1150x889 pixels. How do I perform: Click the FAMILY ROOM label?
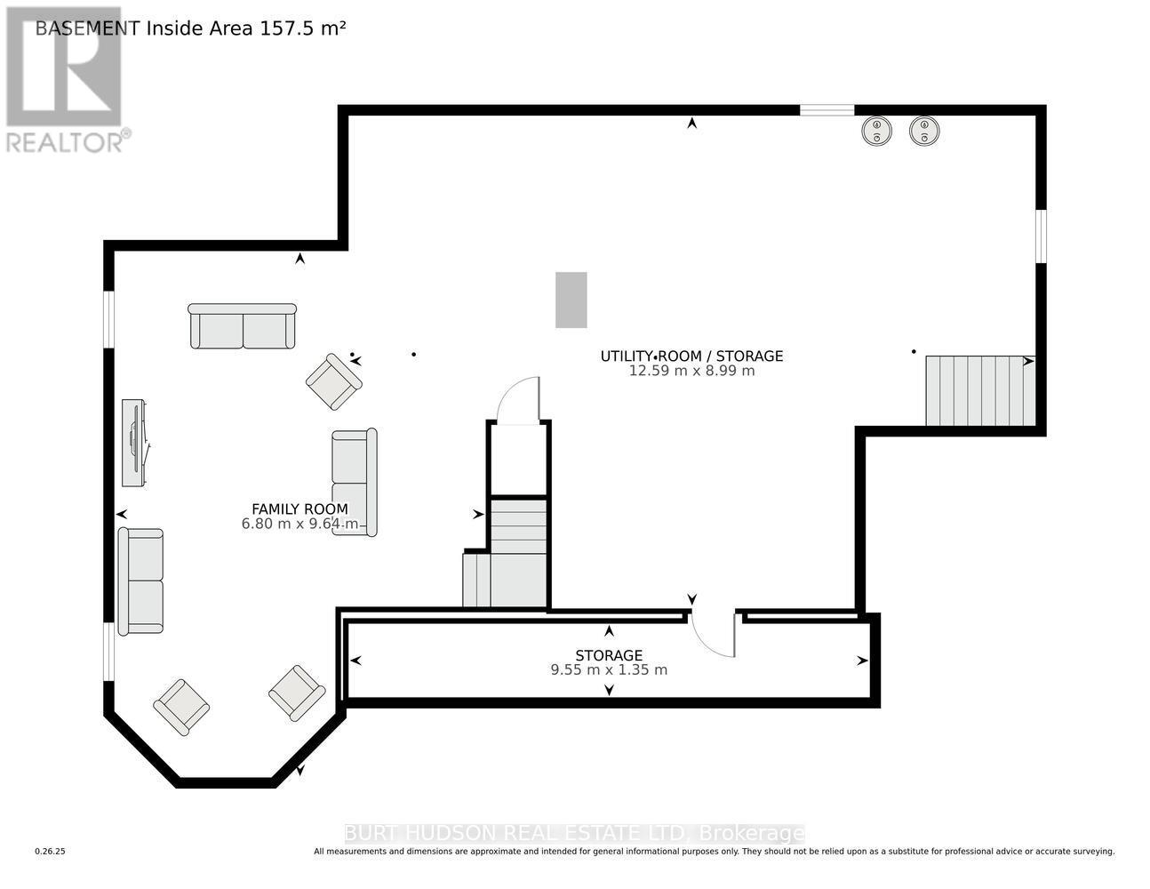[x=299, y=509]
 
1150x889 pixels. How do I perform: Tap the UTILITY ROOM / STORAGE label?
[x=691, y=356]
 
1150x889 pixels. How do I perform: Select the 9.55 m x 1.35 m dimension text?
[x=609, y=670]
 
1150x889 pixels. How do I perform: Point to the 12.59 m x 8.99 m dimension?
[x=691, y=371]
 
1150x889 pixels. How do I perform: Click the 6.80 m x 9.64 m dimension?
[x=300, y=524]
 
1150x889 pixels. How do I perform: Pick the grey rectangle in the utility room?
[x=571, y=300]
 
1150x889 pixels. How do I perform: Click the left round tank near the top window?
[x=877, y=131]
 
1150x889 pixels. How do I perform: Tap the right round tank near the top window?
[x=924, y=131]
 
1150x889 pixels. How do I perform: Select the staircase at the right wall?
[x=980, y=390]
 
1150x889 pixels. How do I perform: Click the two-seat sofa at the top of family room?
[x=243, y=326]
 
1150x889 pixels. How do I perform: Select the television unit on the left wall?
[x=134, y=443]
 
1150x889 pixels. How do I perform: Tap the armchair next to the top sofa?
[x=334, y=381]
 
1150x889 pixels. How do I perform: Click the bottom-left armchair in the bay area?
[x=181, y=708]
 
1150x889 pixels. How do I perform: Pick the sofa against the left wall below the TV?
[x=140, y=581]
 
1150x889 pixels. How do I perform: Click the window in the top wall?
[x=827, y=110]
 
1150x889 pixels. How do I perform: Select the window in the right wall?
[x=1041, y=236]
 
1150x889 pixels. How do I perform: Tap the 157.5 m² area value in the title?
[x=303, y=28]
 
